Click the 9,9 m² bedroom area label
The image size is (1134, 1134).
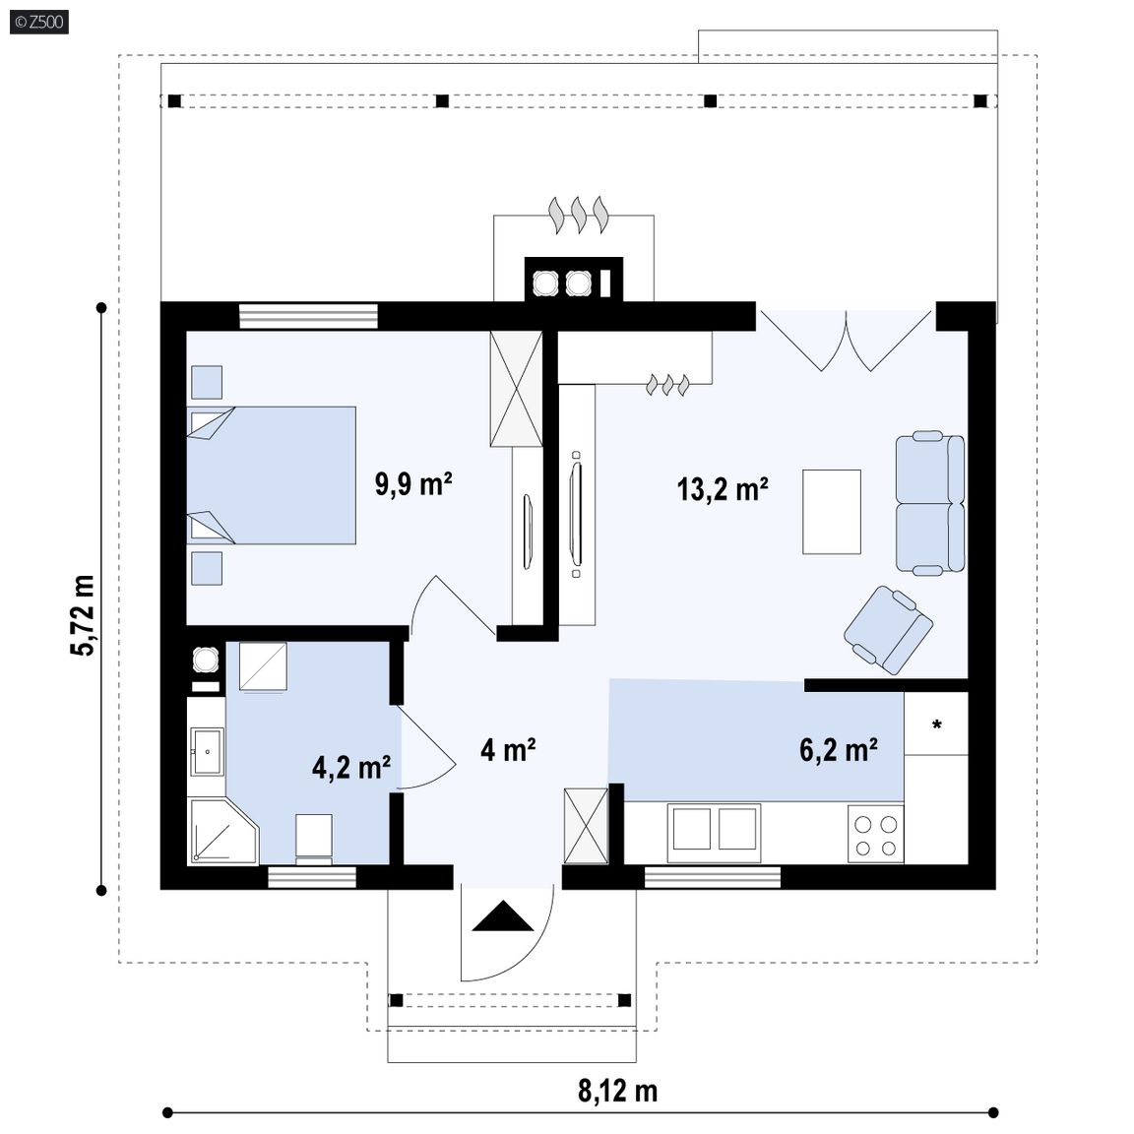tap(413, 483)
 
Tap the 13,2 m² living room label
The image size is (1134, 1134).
tap(722, 489)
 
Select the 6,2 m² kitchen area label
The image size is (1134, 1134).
tap(839, 749)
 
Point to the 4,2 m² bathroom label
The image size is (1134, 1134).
tap(351, 767)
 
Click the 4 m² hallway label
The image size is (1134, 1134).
tap(508, 749)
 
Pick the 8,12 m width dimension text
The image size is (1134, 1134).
tap(617, 1091)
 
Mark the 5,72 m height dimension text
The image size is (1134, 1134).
tap(83, 615)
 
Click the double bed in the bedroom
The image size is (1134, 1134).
tap(272, 475)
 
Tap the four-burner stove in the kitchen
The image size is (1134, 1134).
tap(876, 835)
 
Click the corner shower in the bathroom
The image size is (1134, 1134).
tap(222, 831)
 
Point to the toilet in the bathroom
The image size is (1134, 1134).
tap(314, 839)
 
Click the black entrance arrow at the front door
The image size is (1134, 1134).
tap(502, 916)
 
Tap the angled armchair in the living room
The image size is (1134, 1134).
tap(888, 630)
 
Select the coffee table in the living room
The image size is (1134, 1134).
tap(832, 512)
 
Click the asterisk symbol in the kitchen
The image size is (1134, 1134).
tap(936, 724)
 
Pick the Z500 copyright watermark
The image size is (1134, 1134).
tap(39, 22)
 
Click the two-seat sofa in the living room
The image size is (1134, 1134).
tap(930, 503)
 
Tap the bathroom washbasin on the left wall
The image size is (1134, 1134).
tap(207, 752)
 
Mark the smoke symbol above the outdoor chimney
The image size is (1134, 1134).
tap(579, 215)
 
